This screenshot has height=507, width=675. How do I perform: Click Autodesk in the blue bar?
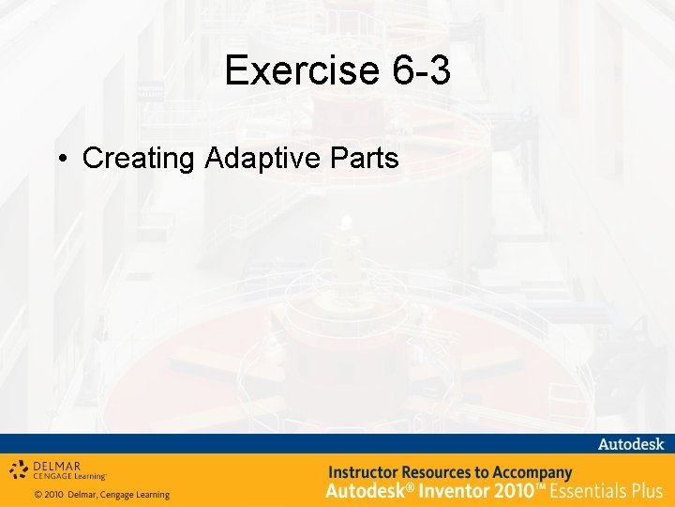pyautogui.click(x=631, y=443)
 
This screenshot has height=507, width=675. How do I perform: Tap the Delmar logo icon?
pyautogui.click(x=20, y=469)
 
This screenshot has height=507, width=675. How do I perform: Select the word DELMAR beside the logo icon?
pyautogui.click(x=58, y=464)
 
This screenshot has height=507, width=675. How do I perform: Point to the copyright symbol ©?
pyautogui.click(x=38, y=495)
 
